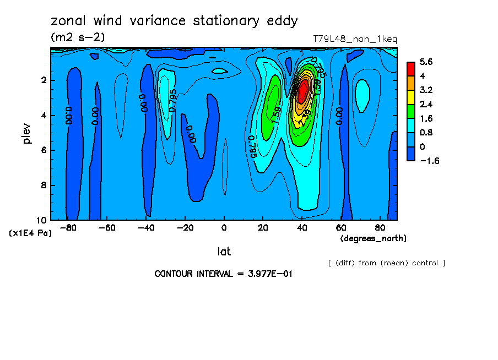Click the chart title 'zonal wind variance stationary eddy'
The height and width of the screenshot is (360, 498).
[174, 21]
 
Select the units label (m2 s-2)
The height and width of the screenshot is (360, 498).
[78, 37]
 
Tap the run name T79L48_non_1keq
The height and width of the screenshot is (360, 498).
[355, 39]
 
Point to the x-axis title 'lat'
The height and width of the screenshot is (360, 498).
[224, 252]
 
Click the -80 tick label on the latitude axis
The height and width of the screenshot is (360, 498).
[67, 227]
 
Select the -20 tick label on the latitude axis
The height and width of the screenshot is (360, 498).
[184, 227]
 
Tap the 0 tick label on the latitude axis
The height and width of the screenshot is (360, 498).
[224, 227]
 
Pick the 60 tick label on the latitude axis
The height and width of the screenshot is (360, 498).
[341, 227]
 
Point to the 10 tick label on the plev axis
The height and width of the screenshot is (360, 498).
[42, 220]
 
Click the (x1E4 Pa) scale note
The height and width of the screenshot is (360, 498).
[30, 233]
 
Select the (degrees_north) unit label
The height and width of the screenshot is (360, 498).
[373, 238]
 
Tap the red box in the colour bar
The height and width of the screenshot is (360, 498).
[410, 68]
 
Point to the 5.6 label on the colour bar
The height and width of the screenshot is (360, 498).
[426, 62]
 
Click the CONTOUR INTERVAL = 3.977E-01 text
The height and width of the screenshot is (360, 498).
[223, 274]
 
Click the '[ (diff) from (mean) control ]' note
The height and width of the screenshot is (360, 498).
[386, 263]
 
